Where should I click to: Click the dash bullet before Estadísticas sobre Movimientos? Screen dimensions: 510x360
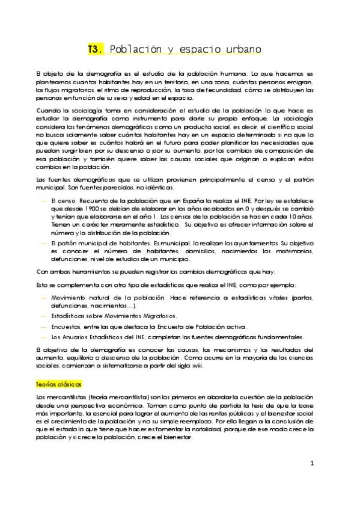point(42,315)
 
